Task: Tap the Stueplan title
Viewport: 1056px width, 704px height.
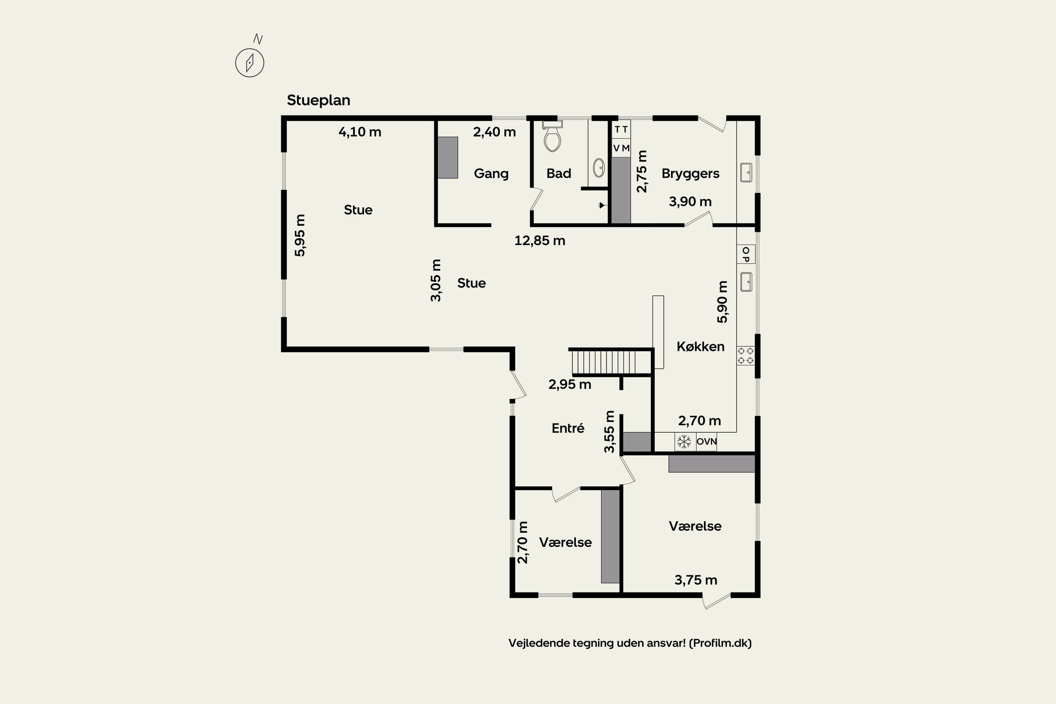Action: click(318, 100)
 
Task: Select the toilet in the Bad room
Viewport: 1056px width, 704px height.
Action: click(552, 136)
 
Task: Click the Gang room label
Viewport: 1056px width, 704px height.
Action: click(491, 174)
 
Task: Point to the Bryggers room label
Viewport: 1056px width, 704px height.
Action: click(691, 174)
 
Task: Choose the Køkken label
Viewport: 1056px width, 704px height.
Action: click(700, 347)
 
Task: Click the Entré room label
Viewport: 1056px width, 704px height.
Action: click(568, 428)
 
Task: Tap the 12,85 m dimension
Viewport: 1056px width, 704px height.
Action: click(540, 241)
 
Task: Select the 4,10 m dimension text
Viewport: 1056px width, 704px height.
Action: click(360, 132)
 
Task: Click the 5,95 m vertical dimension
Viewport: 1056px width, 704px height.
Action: click(300, 235)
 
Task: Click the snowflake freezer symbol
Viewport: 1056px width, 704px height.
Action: click(684, 442)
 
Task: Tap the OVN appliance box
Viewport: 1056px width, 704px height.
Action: click(706, 442)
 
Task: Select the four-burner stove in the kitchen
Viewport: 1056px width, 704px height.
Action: click(746, 356)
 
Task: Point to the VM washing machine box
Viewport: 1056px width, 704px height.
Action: click(621, 148)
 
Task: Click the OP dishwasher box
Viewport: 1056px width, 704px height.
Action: click(746, 254)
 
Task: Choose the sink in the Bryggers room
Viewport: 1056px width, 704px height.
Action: click(746, 172)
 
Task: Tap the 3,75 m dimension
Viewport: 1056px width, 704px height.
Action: click(696, 580)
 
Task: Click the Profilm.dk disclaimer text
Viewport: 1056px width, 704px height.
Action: click(630, 643)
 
